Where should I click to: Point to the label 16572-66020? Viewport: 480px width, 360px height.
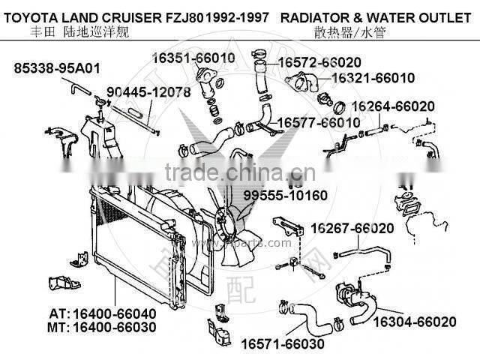(x=319, y=62)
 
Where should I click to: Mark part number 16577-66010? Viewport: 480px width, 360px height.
(x=319, y=121)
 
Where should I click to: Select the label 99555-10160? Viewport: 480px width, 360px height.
(x=284, y=196)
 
